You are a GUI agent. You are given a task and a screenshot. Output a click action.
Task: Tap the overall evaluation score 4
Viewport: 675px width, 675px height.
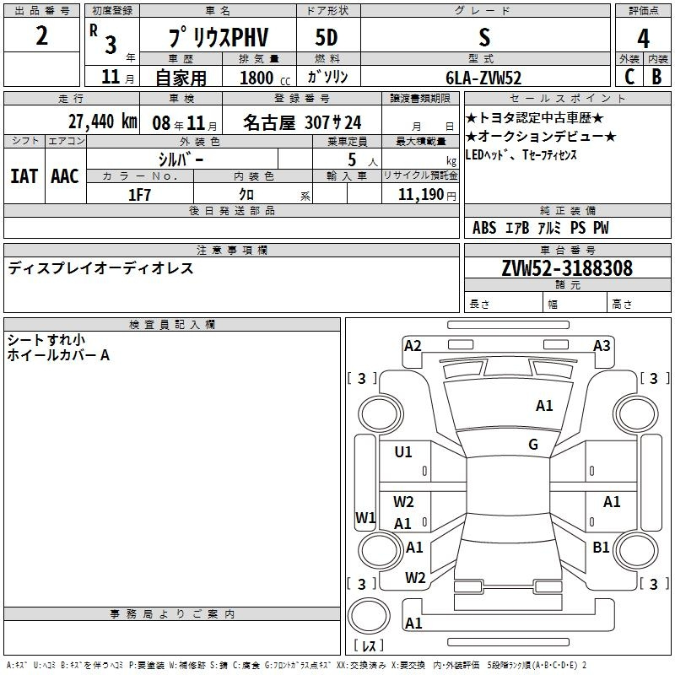(644, 39)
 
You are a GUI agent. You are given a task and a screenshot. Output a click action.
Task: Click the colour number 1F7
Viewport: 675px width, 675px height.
(140, 194)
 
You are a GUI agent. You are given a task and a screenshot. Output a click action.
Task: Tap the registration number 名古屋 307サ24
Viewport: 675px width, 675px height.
(302, 121)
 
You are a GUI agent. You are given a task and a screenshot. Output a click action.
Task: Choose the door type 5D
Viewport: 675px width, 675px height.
(327, 38)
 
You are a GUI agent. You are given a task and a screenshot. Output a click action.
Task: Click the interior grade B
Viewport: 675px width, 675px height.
(657, 77)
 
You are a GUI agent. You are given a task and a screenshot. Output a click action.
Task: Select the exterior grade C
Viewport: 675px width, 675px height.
(629, 77)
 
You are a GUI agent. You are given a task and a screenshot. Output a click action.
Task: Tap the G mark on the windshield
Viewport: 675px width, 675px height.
(533, 444)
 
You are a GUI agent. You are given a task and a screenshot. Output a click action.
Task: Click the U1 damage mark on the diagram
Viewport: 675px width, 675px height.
(403, 452)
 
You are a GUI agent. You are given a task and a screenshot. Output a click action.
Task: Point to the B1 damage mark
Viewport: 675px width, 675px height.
(601, 548)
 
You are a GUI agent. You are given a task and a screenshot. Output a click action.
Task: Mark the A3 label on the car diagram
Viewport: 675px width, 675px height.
(602, 345)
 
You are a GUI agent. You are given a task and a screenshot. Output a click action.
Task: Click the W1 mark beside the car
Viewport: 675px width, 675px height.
(364, 517)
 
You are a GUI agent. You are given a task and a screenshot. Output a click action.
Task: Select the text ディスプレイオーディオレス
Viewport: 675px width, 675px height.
(100, 268)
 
